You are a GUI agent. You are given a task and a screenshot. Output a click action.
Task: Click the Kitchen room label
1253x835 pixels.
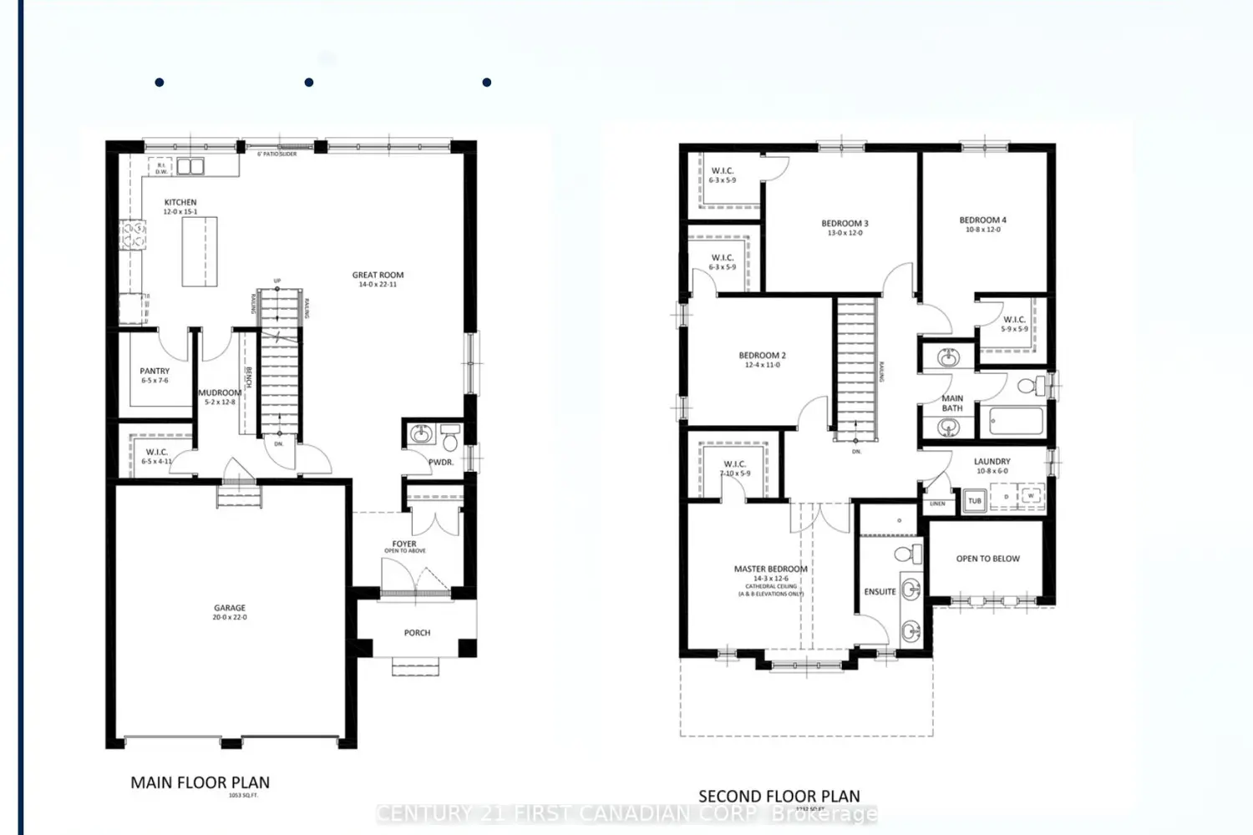click(x=180, y=203)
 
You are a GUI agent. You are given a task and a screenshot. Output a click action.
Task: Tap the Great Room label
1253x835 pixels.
click(x=378, y=275)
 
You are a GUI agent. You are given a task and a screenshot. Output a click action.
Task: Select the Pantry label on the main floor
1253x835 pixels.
click(x=155, y=372)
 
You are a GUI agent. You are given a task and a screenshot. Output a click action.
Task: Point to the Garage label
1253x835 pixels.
click(x=230, y=609)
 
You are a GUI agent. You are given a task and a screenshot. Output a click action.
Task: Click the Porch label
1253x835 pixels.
click(x=417, y=633)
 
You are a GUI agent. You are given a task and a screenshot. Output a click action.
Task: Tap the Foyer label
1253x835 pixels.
click(x=404, y=544)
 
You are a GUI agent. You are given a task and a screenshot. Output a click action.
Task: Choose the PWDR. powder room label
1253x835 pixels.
click(x=440, y=463)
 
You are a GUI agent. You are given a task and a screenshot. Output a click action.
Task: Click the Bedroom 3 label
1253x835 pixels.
click(x=845, y=224)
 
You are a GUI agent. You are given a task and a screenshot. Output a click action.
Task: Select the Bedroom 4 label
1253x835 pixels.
click(x=982, y=220)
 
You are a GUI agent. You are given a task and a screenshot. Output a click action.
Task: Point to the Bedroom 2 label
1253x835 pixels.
click(x=762, y=356)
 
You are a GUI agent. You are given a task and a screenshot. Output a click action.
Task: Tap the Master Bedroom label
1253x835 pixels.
click(x=770, y=569)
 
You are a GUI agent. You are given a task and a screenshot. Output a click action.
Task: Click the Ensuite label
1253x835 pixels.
click(x=880, y=592)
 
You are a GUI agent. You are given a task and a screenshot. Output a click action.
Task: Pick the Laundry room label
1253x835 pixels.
click(x=992, y=462)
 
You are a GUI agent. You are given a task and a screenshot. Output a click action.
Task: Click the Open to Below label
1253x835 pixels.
click(x=987, y=559)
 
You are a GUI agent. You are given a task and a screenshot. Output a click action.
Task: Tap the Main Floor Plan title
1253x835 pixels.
click(x=200, y=783)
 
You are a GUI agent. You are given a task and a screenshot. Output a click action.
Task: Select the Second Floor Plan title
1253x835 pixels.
click(x=779, y=797)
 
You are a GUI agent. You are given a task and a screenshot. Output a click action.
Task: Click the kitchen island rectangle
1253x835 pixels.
click(x=200, y=251)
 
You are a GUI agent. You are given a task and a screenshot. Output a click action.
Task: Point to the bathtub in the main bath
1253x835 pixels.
click(x=1015, y=421)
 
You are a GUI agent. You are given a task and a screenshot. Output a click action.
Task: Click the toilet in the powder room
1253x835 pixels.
click(x=450, y=436)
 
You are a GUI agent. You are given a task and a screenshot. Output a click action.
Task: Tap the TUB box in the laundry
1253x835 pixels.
click(x=974, y=501)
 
